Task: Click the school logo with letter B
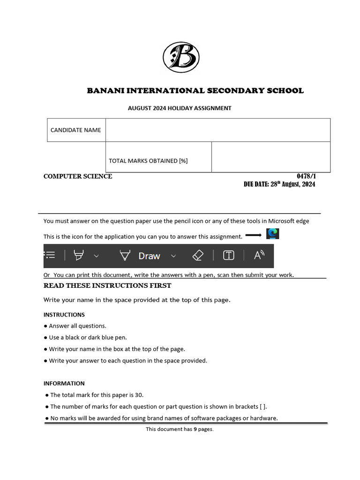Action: (181, 58)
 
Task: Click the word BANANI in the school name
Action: (106, 91)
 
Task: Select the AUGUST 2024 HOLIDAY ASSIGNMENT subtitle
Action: (180, 108)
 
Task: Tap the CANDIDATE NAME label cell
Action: (76, 130)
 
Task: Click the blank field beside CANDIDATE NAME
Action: (217, 130)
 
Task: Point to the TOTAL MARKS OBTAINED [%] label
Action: (148, 160)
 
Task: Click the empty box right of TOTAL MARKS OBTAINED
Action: (270, 157)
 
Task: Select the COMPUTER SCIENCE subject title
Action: (78, 176)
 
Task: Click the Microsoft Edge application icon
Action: (272, 233)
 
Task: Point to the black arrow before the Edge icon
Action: (254, 235)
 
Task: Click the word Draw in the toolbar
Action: (149, 256)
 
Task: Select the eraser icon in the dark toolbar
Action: (198, 255)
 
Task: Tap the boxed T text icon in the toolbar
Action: (228, 255)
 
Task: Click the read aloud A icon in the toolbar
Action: (259, 255)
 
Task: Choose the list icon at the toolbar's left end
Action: (50, 255)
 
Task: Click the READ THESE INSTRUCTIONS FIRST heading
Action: (107, 285)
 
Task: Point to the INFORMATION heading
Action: (64, 383)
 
